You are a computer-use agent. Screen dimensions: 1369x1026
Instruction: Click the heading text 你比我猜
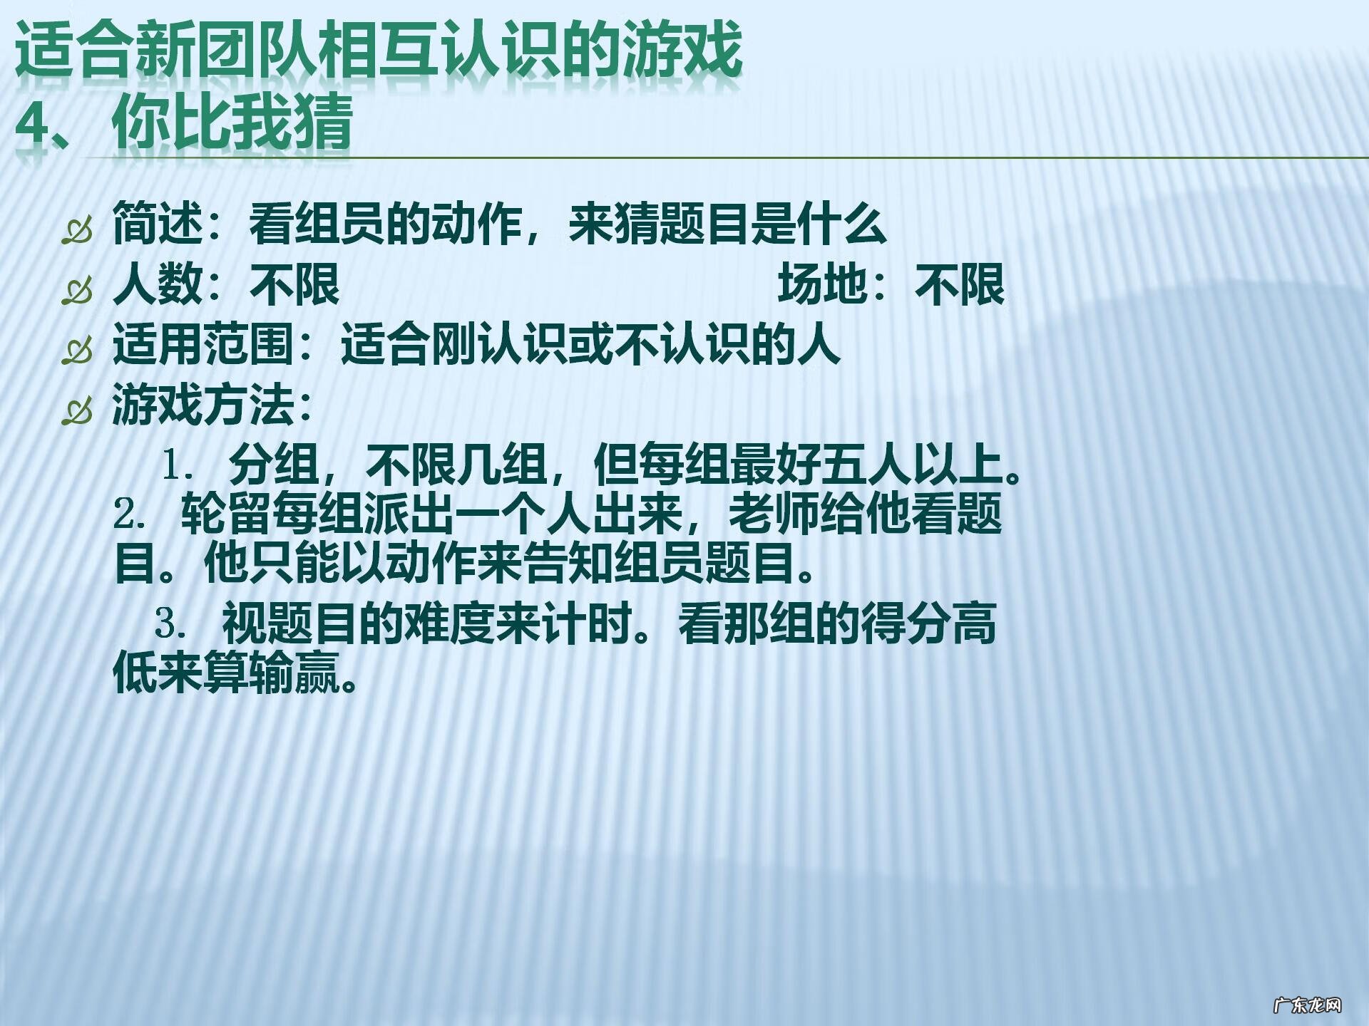point(232,122)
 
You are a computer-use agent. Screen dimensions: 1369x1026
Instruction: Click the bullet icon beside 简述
point(77,231)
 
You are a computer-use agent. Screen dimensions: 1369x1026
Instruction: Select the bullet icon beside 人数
point(77,291)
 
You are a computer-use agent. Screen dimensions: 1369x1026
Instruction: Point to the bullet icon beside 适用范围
point(77,351)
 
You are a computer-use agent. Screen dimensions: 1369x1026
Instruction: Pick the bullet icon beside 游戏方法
point(77,411)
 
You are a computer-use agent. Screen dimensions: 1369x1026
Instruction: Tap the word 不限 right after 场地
point(960,284)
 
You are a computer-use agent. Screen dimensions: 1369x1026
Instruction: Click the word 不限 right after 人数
point(294,284)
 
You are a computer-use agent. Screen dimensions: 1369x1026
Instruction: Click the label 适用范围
point(203,345)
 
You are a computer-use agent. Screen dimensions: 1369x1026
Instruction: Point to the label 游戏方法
point(203,405)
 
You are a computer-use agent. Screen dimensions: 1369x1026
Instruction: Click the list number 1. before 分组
point(178,465)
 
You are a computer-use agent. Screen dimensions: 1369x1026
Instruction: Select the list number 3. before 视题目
point(171,624)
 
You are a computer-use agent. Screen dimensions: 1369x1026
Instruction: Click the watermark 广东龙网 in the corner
point(1307,1005)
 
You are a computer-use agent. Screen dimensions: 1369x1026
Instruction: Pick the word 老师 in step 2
point(774,513)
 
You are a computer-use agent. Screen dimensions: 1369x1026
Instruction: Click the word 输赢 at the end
point(295,673)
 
